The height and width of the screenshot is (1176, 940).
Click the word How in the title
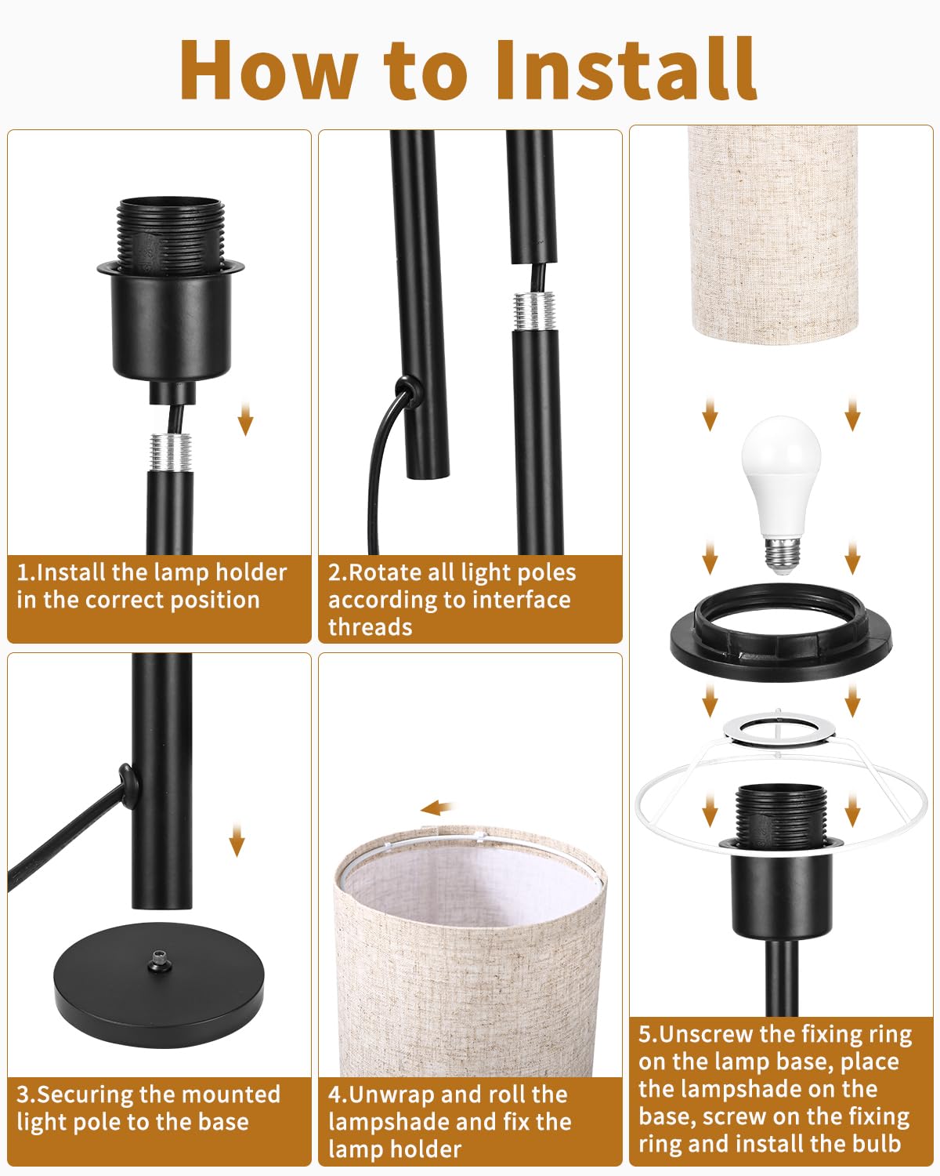tap(269, 69)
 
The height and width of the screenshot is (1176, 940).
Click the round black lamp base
tap(159, 984)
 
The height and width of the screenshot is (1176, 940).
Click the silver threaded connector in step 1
tap(171, 452)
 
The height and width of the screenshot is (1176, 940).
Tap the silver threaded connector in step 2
tap(535, 311)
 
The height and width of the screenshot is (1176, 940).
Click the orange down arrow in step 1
tap(245, 417)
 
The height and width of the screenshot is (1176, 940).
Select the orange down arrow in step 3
tap(237, 839)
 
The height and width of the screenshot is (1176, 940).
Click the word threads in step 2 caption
tap(371, 626)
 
